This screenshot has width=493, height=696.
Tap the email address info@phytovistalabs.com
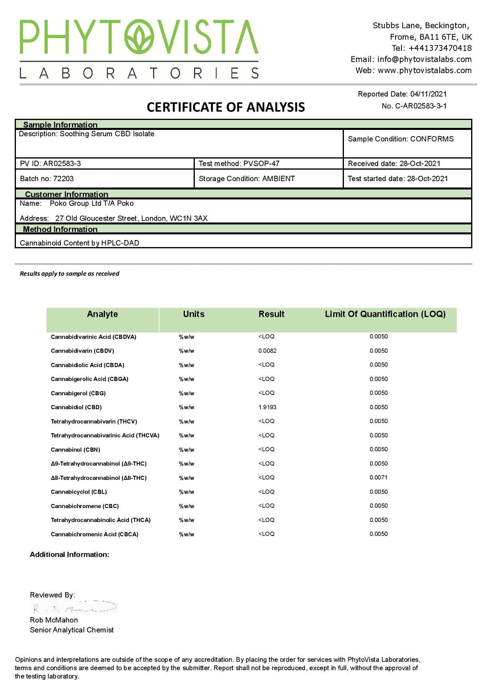(x=424, y=59)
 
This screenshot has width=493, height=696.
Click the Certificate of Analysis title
(x=226, y=107)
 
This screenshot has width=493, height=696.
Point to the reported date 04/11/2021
(x=428, y=94)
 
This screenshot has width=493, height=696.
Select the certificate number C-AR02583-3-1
(x=421, y=106)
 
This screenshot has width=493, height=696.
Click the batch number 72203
(x=63, y=179)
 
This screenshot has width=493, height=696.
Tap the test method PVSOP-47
(x=261, y=164)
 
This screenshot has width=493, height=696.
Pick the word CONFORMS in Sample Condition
(x=432, y=139)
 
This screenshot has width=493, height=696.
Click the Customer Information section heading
(x=66, y=194)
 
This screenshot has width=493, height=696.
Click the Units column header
(x=194, y=314)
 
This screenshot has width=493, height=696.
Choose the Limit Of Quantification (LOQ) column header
(x=385, y=314)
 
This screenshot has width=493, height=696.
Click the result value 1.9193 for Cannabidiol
(x=267, y=407)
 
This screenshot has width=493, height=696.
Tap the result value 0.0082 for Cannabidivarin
(x=267, y=351)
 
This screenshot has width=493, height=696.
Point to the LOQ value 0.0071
(x=378, y=478)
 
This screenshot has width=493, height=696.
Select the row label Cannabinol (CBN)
(x=76, y=450)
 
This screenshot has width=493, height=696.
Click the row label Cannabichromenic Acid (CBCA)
(x=95, y=534)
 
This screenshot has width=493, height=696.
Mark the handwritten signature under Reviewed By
(x=75, y=608)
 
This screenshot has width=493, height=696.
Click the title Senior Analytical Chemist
(x=72, y=630)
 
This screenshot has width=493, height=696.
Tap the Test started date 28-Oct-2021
(x=427, y=179)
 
